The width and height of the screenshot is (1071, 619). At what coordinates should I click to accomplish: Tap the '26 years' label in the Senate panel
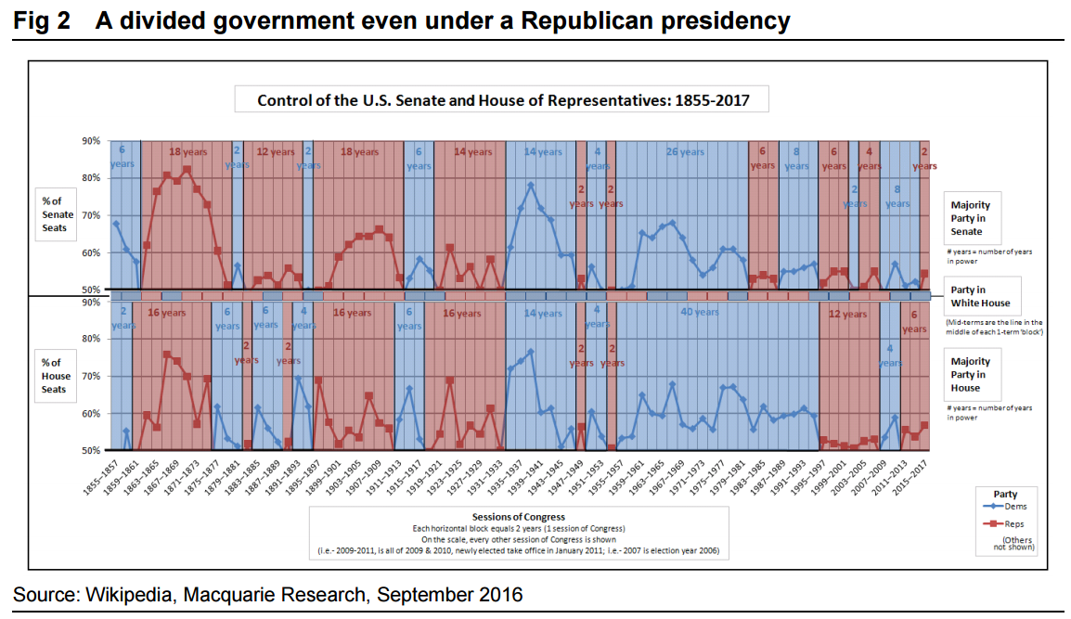[x=685, y=152]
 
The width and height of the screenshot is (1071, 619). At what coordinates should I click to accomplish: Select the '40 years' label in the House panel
[x=699, y=312]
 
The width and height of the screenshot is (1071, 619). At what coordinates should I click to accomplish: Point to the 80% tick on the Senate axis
[x=92, y=178]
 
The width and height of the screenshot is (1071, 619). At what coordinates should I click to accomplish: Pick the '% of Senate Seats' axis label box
[x=57, y=214]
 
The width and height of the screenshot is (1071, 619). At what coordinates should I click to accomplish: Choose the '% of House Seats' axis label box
[x=57, y=376]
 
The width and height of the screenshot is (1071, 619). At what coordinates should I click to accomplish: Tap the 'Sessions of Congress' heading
[x=519, y=516]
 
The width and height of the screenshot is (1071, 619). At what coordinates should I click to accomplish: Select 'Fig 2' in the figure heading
[x=42, y=20]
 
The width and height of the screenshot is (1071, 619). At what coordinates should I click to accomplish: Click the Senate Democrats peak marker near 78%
[x=531, y=185]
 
